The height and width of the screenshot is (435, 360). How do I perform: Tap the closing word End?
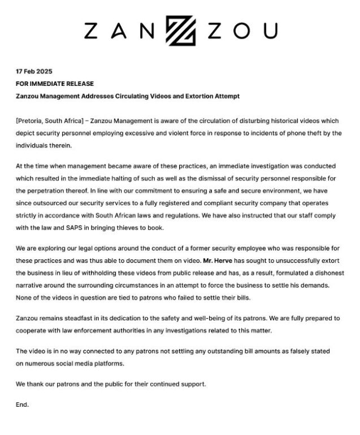(x=22, y=404)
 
